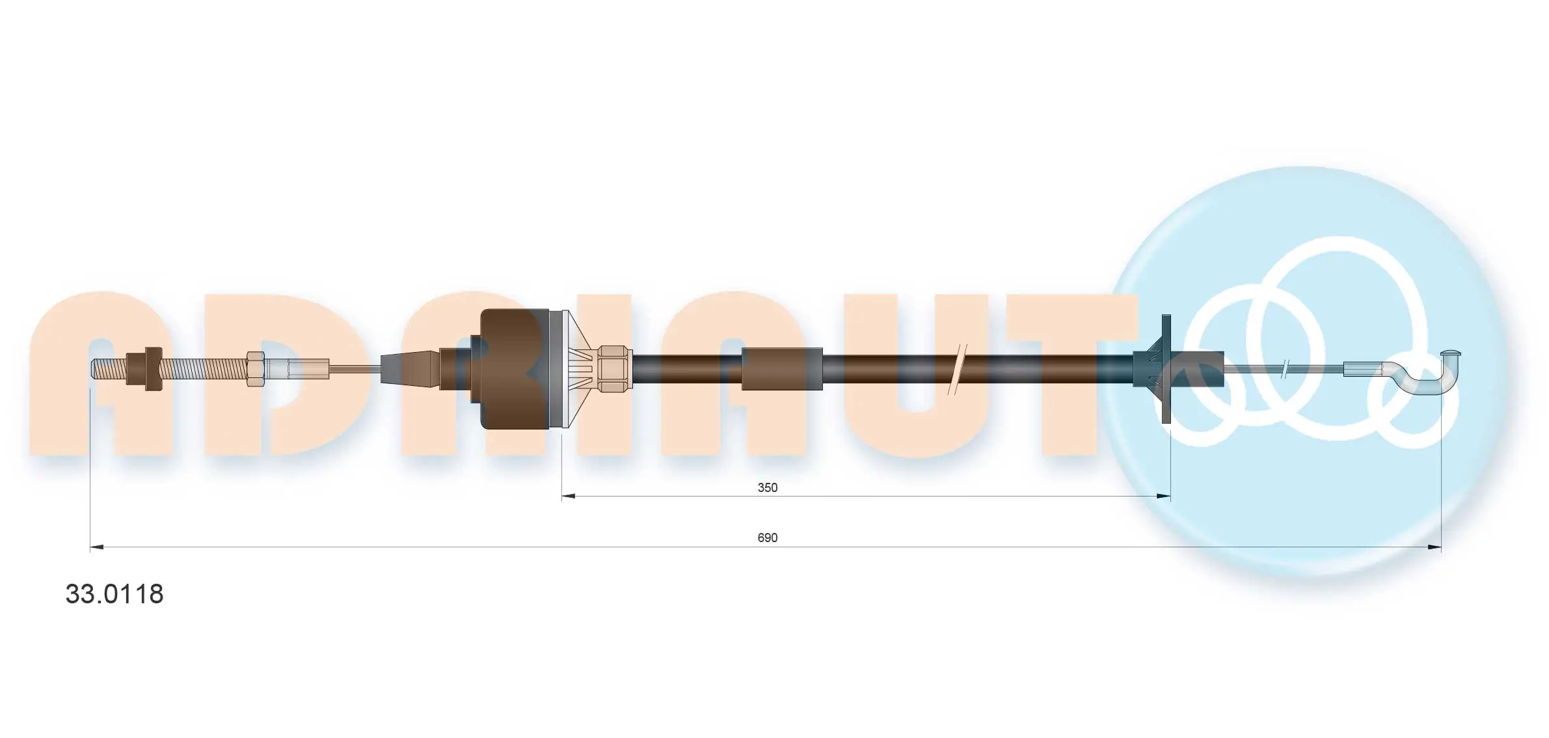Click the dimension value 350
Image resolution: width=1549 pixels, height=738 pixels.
click(767, 487)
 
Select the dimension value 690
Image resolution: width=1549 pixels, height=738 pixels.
click(767, 538)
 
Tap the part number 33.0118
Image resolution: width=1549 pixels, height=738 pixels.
click(114, 594)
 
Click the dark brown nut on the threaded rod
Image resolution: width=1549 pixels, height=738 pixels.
click(153, 369)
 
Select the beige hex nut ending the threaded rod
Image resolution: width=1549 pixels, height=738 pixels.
click(254, 370)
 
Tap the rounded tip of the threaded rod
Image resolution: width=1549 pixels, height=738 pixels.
click(95, 370)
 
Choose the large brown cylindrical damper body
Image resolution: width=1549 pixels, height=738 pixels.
click(514, 369)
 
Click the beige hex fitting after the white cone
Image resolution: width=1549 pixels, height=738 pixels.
click(615, 369)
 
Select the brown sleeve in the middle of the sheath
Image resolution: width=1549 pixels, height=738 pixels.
click(781, 369)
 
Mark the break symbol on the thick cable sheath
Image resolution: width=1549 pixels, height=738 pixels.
click(958, 369)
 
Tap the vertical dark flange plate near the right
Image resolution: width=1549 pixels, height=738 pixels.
click(1166, 369)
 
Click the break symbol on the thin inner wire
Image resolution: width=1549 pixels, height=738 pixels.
click(1285, 370)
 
